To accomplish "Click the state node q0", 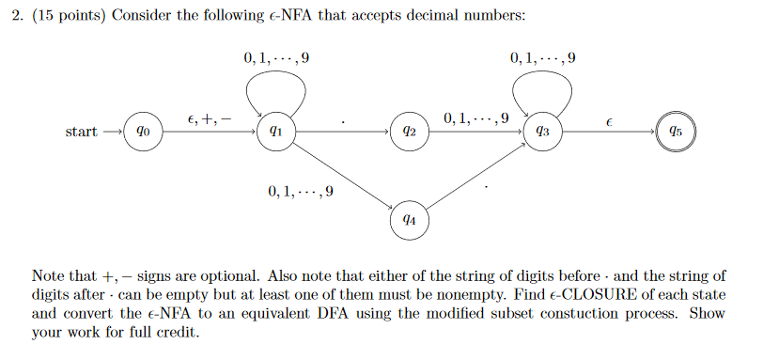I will click(141, 133).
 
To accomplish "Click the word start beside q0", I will click(81, 133).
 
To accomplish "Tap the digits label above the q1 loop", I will click(275, 57).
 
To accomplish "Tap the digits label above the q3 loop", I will click(543, 57).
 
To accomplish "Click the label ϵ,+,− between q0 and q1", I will click(209, 119).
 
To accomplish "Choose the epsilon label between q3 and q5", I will click(610, 121).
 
